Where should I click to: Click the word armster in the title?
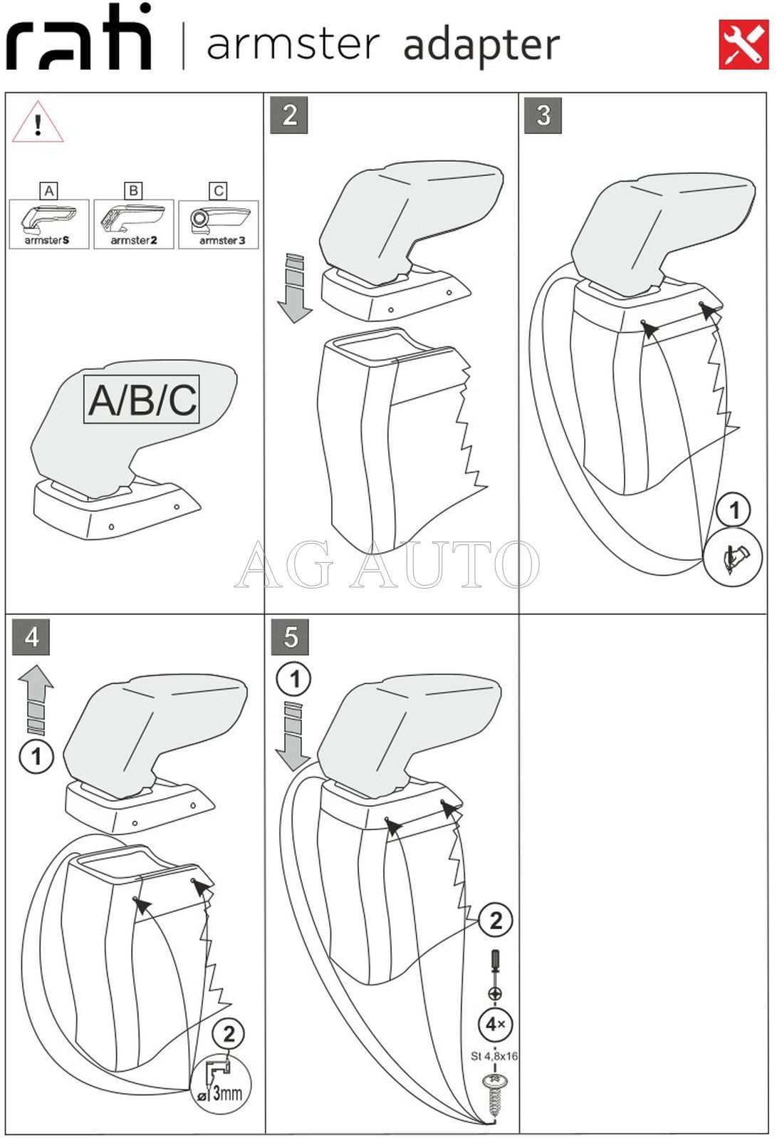coord(293,44)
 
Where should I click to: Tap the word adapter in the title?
coord(481,46)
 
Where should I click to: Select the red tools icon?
coord(744,44)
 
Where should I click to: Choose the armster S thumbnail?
coord(49,224)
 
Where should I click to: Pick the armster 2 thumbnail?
coord(134,224)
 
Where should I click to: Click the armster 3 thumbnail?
coord(219,224)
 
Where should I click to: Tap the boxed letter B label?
coord(133,190)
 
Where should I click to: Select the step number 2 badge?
coord(289,115)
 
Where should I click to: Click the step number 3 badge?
coord(543,115)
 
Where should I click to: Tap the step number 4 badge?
coord(31,636)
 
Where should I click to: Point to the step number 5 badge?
coord(290,637)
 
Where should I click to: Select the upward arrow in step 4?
coord(36,698)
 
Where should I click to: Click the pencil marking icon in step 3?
coord(733,557)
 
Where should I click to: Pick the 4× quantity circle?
coord(495,1024)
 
